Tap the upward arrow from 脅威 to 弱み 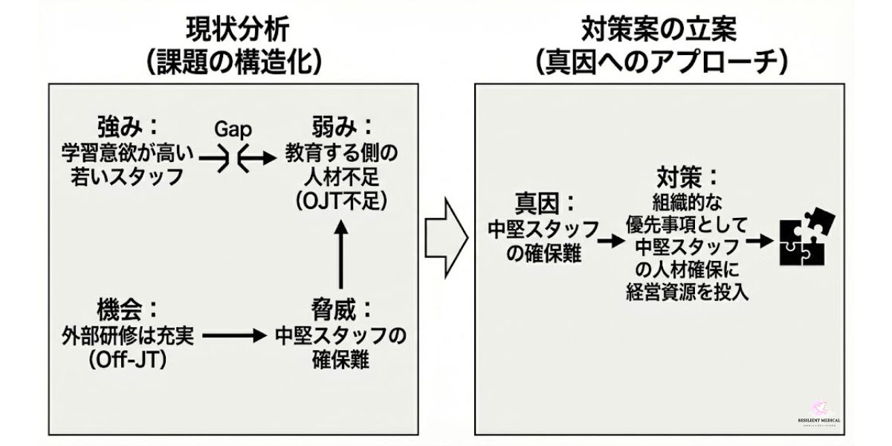[341, 256]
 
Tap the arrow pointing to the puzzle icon [758, 241]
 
